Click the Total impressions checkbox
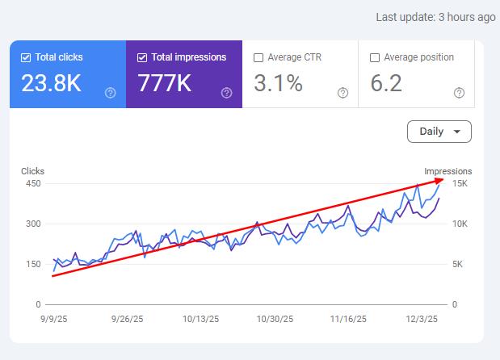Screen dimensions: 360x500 pos(142,58)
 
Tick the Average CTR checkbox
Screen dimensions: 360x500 pos(258,58)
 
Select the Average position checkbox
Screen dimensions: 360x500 pos(374,58)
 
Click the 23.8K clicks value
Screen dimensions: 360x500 pos(52,83)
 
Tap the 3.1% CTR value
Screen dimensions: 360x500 pos(278,83)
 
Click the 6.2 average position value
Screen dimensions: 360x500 pos(385,83)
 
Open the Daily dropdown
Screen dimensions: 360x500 pos(439,132)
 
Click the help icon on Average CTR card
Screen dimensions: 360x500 pos(342,94)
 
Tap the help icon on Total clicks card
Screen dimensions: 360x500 pos(111,94)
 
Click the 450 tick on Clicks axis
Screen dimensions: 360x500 pos(32,183)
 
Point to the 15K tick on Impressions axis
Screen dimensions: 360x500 pos(460,183)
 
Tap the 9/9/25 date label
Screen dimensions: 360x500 pos(53,319)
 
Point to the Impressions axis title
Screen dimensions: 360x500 pos(448,171)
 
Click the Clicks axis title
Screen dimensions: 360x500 pos(32,171)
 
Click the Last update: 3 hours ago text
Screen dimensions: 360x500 pos(435,17)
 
